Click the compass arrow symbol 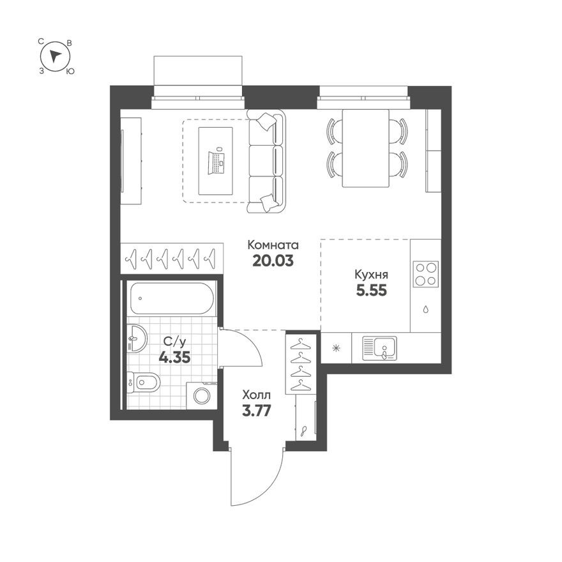[x=56, y=56]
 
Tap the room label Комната [x=273, y=245]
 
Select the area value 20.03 [x=273, y=261]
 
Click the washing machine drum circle [x=202, y=396]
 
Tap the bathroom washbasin [x=136, y=337]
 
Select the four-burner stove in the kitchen [x=425, y=274]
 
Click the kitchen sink [x=379, y=347]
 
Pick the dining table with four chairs [x=366, y=148]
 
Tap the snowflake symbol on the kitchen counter [x=336, y=348]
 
